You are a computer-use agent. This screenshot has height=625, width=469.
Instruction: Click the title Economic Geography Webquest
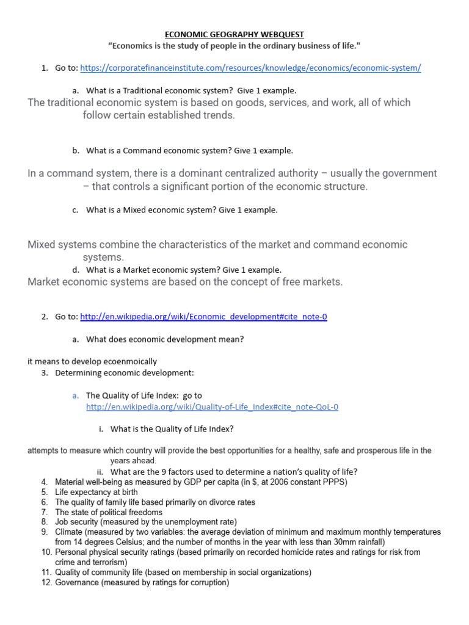coord(235,35)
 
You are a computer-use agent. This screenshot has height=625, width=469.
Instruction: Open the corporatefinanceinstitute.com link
coord(250,68)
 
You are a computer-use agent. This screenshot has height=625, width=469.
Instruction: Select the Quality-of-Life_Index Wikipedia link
coord(212,406)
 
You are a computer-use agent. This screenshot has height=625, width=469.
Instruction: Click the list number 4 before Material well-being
coord(45,482)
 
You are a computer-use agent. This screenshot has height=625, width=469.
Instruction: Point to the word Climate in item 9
coord(70,532)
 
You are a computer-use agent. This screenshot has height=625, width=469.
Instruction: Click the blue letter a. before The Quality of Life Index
coord(76,396)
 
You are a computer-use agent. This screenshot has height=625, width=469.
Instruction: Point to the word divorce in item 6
coord(201,502)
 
